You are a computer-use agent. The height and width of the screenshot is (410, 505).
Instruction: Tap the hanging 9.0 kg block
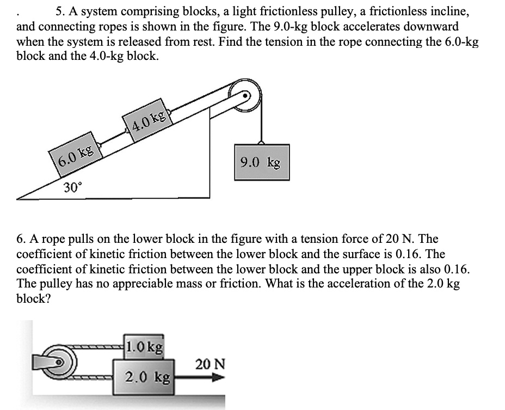(x=262, y=162)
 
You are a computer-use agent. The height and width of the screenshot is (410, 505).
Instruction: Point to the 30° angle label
(x=73, y=188)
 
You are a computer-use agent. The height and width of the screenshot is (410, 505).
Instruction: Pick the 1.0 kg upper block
(x=144, y=346)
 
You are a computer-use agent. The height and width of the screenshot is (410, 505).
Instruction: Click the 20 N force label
(x=210, y=364)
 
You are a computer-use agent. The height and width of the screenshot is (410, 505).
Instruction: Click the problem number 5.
(x=59, y=11)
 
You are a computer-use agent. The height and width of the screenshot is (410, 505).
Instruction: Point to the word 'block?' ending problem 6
(x=34, y=299)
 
